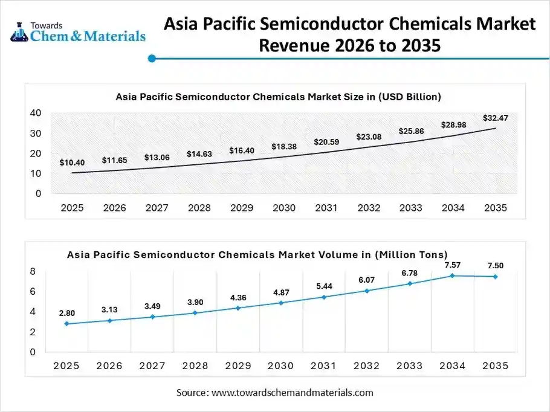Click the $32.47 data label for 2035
point(495,118)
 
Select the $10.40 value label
point(72,163)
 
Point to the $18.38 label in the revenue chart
point(283,147)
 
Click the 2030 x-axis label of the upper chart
point(283,208)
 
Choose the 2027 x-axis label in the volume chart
point(152,365)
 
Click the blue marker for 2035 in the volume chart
point(496,277)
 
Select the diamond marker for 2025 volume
point(66,324)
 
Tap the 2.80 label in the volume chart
point(67,313)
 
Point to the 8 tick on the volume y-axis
point(33,271)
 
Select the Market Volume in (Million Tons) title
point(257,254)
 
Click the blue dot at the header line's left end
point(152,59)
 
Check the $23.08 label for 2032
point(368,137)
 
